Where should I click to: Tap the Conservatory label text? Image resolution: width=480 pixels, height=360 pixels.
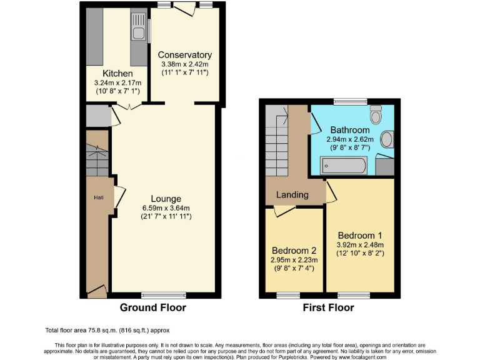pos(184,55)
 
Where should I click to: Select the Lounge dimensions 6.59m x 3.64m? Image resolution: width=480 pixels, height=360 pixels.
pos(166,208)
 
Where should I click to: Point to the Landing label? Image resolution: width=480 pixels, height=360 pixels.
pos(292,194)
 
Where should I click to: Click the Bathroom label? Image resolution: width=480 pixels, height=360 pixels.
pos(351,130)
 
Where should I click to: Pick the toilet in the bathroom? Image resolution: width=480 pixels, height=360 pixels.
pos(376,116)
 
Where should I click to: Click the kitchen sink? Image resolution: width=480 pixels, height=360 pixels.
pos(137,29)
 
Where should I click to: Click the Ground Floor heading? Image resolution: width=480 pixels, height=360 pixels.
pos(152,307)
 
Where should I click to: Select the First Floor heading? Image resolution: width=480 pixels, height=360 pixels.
pos(328,307)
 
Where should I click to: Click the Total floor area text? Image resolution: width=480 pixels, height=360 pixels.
pos(107,330)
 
